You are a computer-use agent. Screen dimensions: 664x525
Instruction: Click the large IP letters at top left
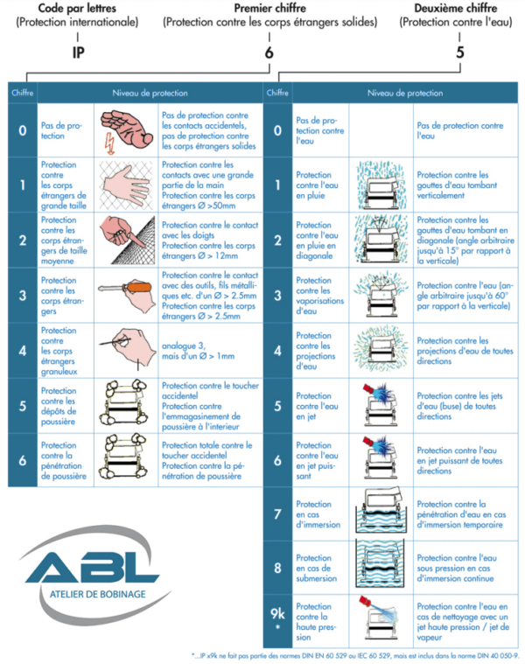[78, 52]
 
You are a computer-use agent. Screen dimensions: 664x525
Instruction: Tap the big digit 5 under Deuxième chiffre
[459, 52]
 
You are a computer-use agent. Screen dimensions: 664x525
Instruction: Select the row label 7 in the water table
[276, 516]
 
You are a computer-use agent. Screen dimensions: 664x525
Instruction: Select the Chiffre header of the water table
[276, 92]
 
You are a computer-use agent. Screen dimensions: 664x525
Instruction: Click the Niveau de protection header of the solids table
[144, 92]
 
